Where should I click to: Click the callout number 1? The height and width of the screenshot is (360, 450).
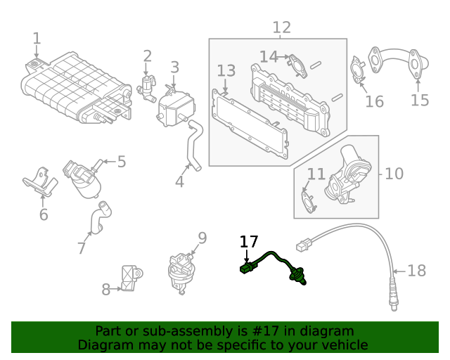37,39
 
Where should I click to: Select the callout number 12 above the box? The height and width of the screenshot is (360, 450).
281,27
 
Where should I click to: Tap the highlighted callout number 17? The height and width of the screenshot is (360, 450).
249,242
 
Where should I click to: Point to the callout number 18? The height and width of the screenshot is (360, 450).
417,271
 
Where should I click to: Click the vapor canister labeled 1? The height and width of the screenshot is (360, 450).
74,88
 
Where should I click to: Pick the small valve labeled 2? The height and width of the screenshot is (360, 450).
148,87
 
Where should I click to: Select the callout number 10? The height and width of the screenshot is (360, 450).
394,173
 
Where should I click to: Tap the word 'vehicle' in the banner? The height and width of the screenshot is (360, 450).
342,345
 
